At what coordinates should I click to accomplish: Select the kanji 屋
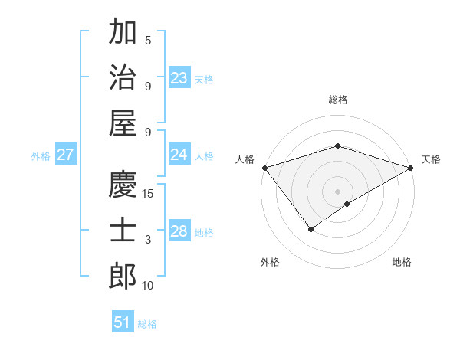click(x=123, y=123)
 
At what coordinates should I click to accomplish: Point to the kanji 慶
click(x=123, y=184)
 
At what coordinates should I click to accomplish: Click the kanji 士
click(x=123, y=231)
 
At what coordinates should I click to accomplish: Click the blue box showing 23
click(x=179, y=77)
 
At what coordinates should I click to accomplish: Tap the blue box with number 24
click(x=179, y=155)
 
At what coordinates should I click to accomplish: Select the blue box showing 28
click(x=179, y=231)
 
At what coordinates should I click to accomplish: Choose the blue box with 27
click(x=65, y=155)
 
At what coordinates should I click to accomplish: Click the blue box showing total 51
click(x=123, y=322)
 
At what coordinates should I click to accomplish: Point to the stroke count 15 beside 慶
click(x=149, y=194)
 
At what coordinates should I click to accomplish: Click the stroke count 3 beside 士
click(x=148, y=240)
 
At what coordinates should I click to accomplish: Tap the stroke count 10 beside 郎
click(x=149, y=286)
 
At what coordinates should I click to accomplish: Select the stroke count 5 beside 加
click(x=148, y=41)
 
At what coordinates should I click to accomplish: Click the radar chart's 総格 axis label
click(x=337, y=100)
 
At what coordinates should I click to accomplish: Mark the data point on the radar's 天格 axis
click(x=411, y=168)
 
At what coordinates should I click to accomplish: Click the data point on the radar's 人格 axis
click(x=264, y=168)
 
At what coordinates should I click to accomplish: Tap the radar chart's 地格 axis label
click(x=402, y=263)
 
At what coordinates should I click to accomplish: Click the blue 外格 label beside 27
click(x=40, y=155)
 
